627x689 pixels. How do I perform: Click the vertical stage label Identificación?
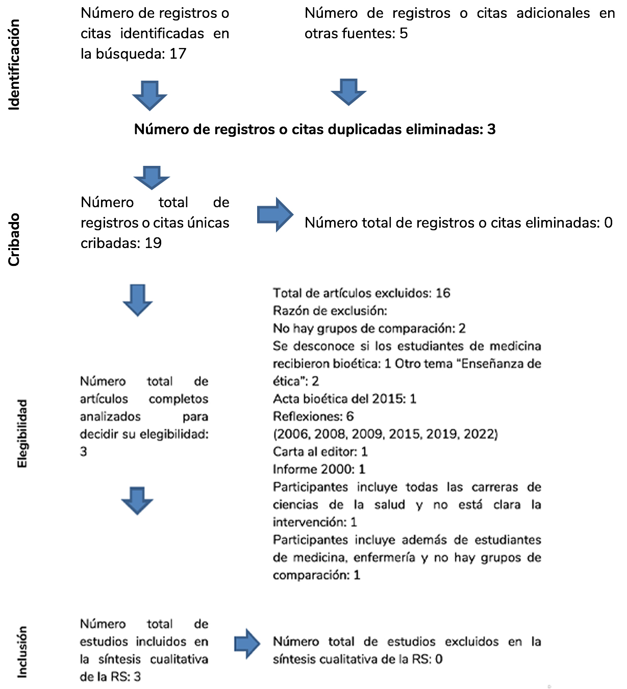(14, 65)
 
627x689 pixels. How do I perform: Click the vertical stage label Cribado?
(14, 239)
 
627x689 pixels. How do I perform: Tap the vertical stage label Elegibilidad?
(22, 433)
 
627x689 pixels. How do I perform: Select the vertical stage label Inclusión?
(22, 652)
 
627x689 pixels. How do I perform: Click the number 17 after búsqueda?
(178, 54)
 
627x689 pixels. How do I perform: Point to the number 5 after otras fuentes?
(404, 34)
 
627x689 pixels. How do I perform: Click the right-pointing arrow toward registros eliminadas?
(275, 215)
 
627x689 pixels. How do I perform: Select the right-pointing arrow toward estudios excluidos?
(247, 644)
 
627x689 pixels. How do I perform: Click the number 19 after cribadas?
(153, 243)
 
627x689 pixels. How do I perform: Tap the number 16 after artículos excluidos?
(443, 293)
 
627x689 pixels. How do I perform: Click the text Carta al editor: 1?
(320, 452)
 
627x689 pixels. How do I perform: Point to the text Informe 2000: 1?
(319, 469)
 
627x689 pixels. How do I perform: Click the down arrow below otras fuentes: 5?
(348, 92)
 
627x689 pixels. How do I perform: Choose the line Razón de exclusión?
(330, 311)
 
